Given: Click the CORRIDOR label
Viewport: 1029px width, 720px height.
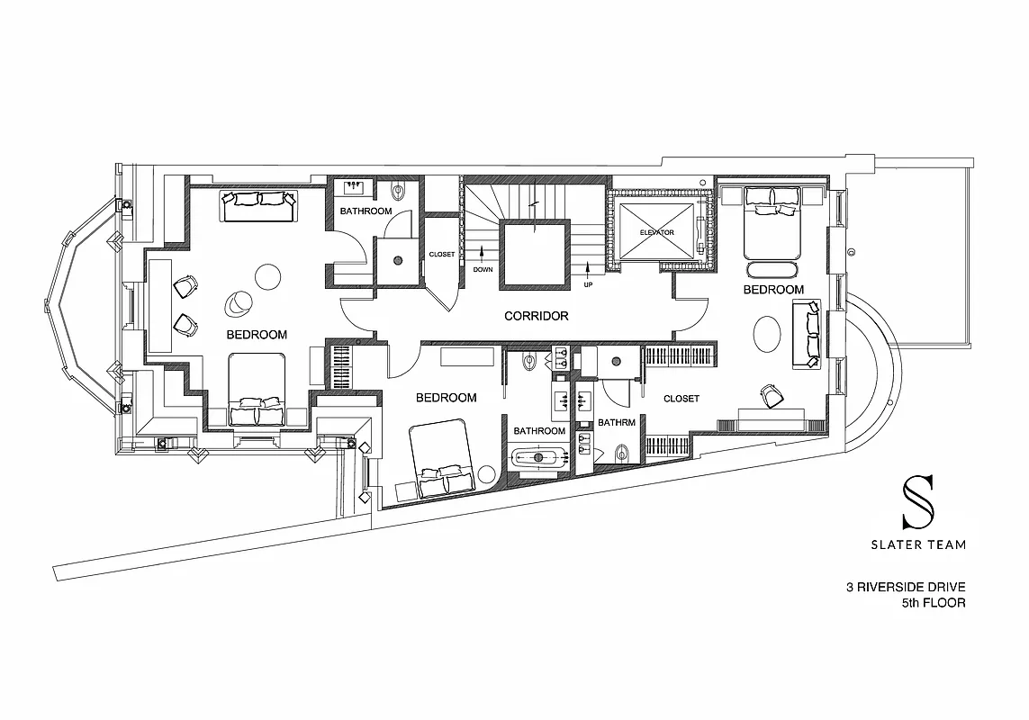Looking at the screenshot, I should tap(536, 316).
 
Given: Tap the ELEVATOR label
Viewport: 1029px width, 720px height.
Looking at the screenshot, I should tap(656, 233).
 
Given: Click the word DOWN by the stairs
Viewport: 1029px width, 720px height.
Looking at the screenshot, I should tap(483, 269).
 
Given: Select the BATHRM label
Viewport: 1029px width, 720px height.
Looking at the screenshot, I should tap(616, 421).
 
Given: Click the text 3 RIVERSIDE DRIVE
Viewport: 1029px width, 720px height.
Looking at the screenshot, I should tap(906, 588).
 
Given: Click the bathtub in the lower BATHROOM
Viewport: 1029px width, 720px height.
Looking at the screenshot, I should tap(539, 457).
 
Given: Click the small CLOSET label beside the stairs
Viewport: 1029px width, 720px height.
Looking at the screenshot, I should tap(442, 255).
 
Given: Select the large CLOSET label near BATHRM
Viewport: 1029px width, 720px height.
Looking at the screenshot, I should tap(681, 399).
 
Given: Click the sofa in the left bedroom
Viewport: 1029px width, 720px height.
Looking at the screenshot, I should tap(259, 206).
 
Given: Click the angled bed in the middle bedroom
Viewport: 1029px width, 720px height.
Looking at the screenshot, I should tap(441, 460).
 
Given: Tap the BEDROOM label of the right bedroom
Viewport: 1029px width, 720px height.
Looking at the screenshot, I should tap(773, 290).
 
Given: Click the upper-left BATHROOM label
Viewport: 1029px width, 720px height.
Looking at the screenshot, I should tap(366, 211).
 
